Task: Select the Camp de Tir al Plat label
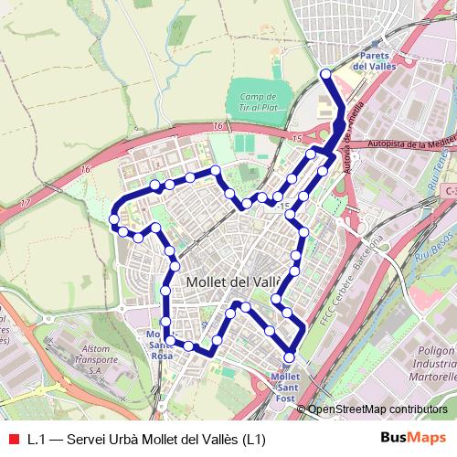[258, 101]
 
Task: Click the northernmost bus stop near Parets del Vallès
[325, 74]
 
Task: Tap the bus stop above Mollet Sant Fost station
[290, 357]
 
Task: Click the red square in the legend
[13, 438]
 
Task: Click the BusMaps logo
[413, 437]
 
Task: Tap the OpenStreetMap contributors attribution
[377, 410]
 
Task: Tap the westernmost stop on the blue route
[114, 219]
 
